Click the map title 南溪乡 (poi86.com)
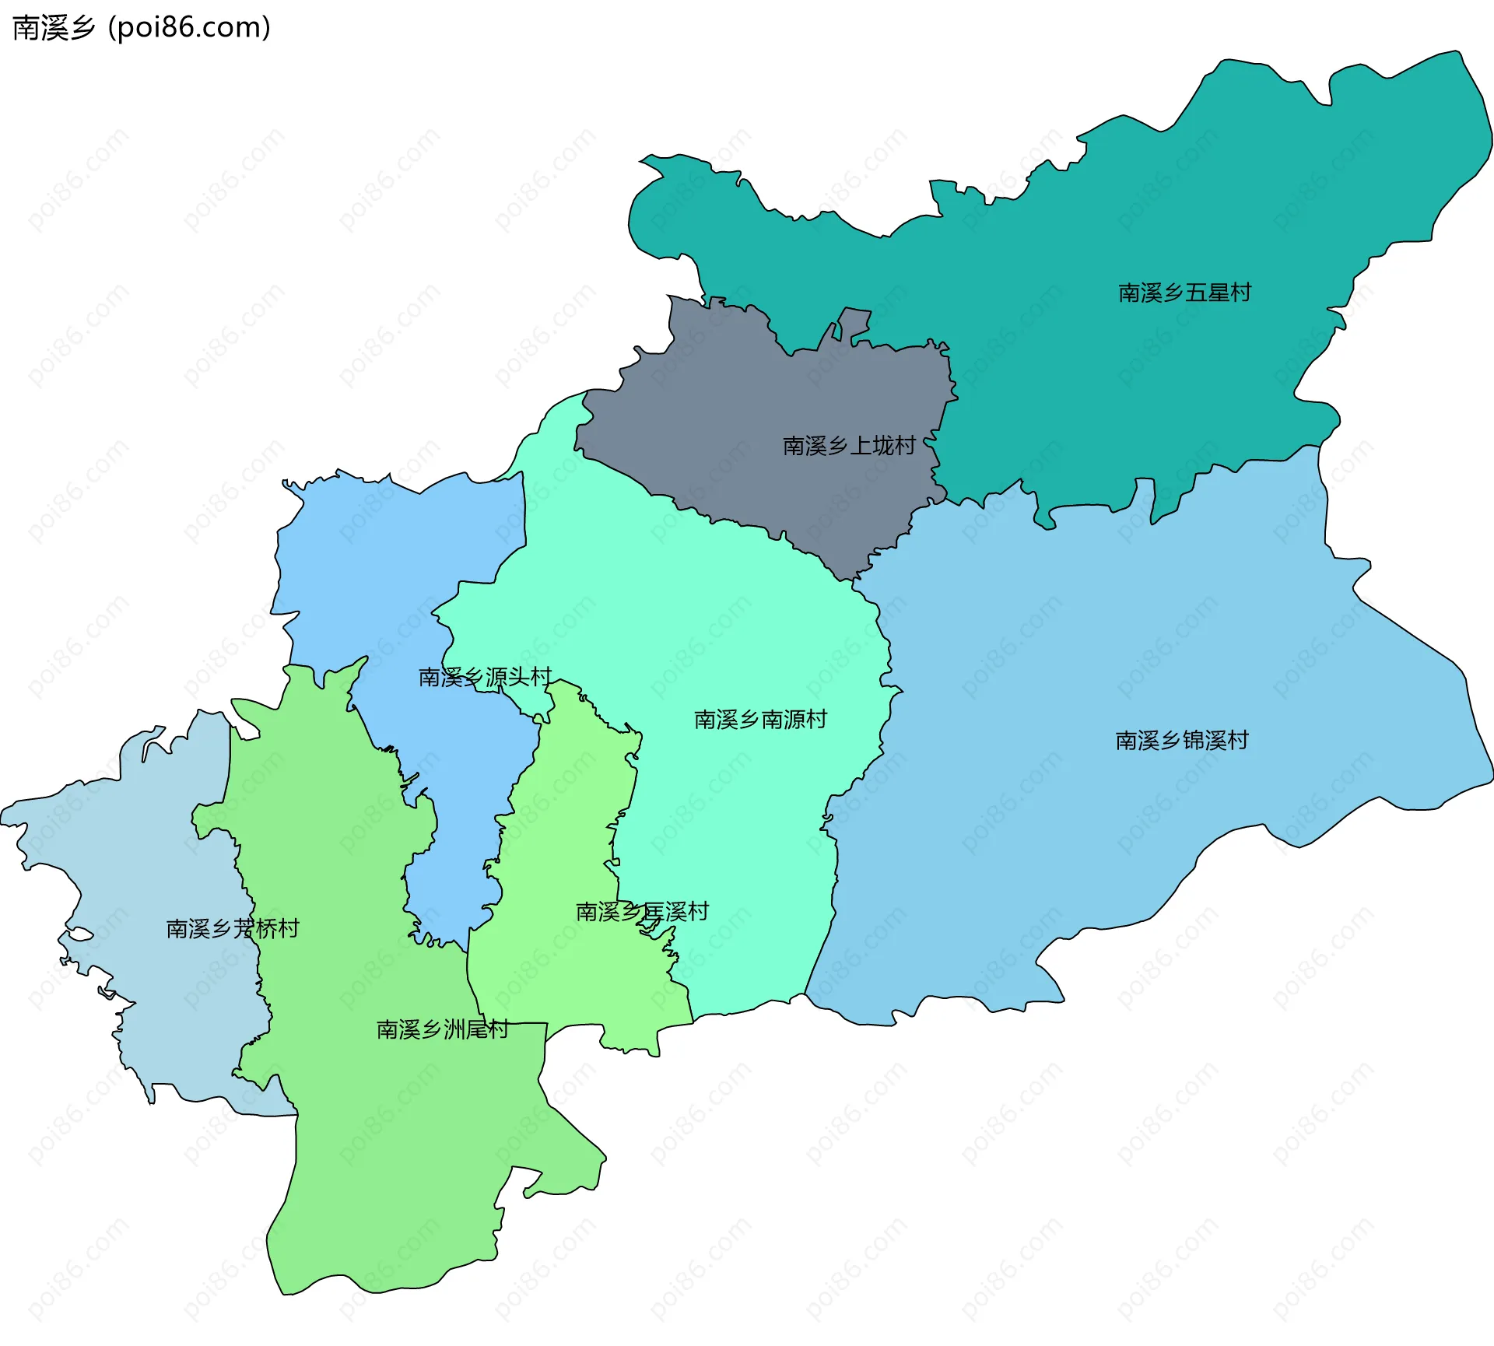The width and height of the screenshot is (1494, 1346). [142, 28]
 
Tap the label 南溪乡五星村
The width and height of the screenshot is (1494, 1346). [1184, 293]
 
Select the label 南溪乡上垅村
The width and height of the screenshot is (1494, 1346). [848, 446]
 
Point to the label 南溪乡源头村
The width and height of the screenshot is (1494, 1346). [485, 677]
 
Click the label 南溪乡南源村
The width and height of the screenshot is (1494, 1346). [760, 719]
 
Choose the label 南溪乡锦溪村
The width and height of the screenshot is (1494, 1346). [1181, 740]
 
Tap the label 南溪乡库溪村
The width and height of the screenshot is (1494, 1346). [642, 911]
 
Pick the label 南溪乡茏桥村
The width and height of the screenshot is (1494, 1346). [233, 928]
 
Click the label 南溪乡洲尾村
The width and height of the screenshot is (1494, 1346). [442, 1029]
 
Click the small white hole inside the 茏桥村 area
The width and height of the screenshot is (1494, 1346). [80, 934]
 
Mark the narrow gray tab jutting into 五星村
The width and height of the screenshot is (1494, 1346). [854, 323]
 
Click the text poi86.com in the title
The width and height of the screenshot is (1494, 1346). [190, 28]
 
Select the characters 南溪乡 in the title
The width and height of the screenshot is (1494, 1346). [53, 28]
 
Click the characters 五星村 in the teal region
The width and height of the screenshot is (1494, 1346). [1218, 293]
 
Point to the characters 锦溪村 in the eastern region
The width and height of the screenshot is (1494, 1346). [1215, 740]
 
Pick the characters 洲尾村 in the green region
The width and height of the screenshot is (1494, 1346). [475, 1029]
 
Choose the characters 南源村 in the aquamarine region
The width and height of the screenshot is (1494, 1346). [794, 719]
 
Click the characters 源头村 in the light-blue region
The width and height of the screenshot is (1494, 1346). [518, 677]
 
